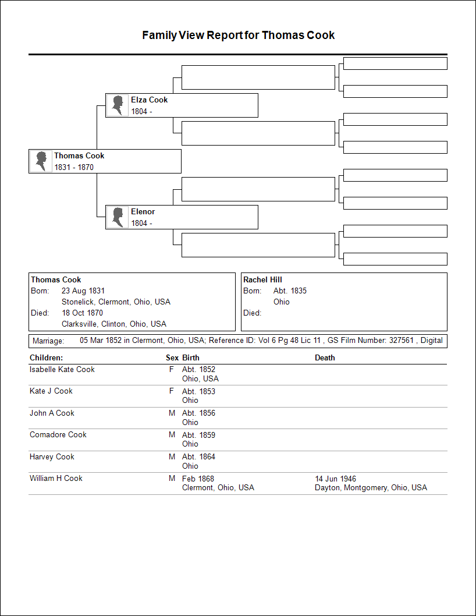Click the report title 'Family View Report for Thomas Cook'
click(238, 36)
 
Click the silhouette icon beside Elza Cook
click(118, 105)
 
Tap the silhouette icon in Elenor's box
click(118, 217)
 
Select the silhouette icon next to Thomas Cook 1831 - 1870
click(41, 161)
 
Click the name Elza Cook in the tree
click(149, 100)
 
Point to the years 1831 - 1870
click(74, 168)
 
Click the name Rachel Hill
click(262, 280)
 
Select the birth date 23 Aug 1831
click(83, 291)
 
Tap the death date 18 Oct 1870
click(82, 313)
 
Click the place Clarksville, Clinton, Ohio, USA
click(114, 324)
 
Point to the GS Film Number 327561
click(401, 341)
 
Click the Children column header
click(46, 358)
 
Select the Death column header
click(325, 358)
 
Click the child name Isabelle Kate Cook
click(62, 370)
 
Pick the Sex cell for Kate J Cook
click(172, 391)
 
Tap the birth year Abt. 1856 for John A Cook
click(198, 413)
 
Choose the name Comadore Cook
click(58, 435)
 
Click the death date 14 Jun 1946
click(335, 479)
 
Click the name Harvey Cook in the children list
click(52, 457)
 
